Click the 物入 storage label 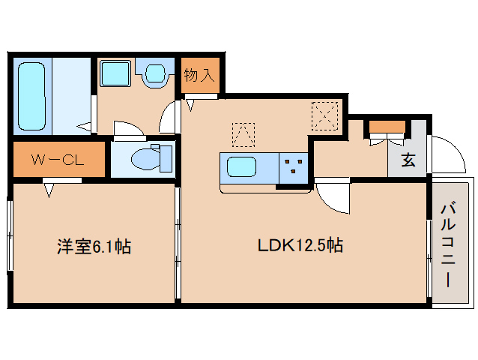coord(199,75)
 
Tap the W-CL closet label coord(58,160)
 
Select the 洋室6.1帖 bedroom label coord(94,247)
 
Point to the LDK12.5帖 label coord(300,245)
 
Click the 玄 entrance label coord(408,160)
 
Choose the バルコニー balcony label coord(448,245)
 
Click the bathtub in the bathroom coord(31,96)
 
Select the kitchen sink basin coord(241,166)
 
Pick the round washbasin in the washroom coord(155,73)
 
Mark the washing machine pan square coord(115,73)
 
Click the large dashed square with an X coord(325,115)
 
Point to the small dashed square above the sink coord(243,134)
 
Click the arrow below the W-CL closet coord(49,190)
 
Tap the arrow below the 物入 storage coord(190,105)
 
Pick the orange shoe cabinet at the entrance coord(387,127)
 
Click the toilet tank coord(166,159)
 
